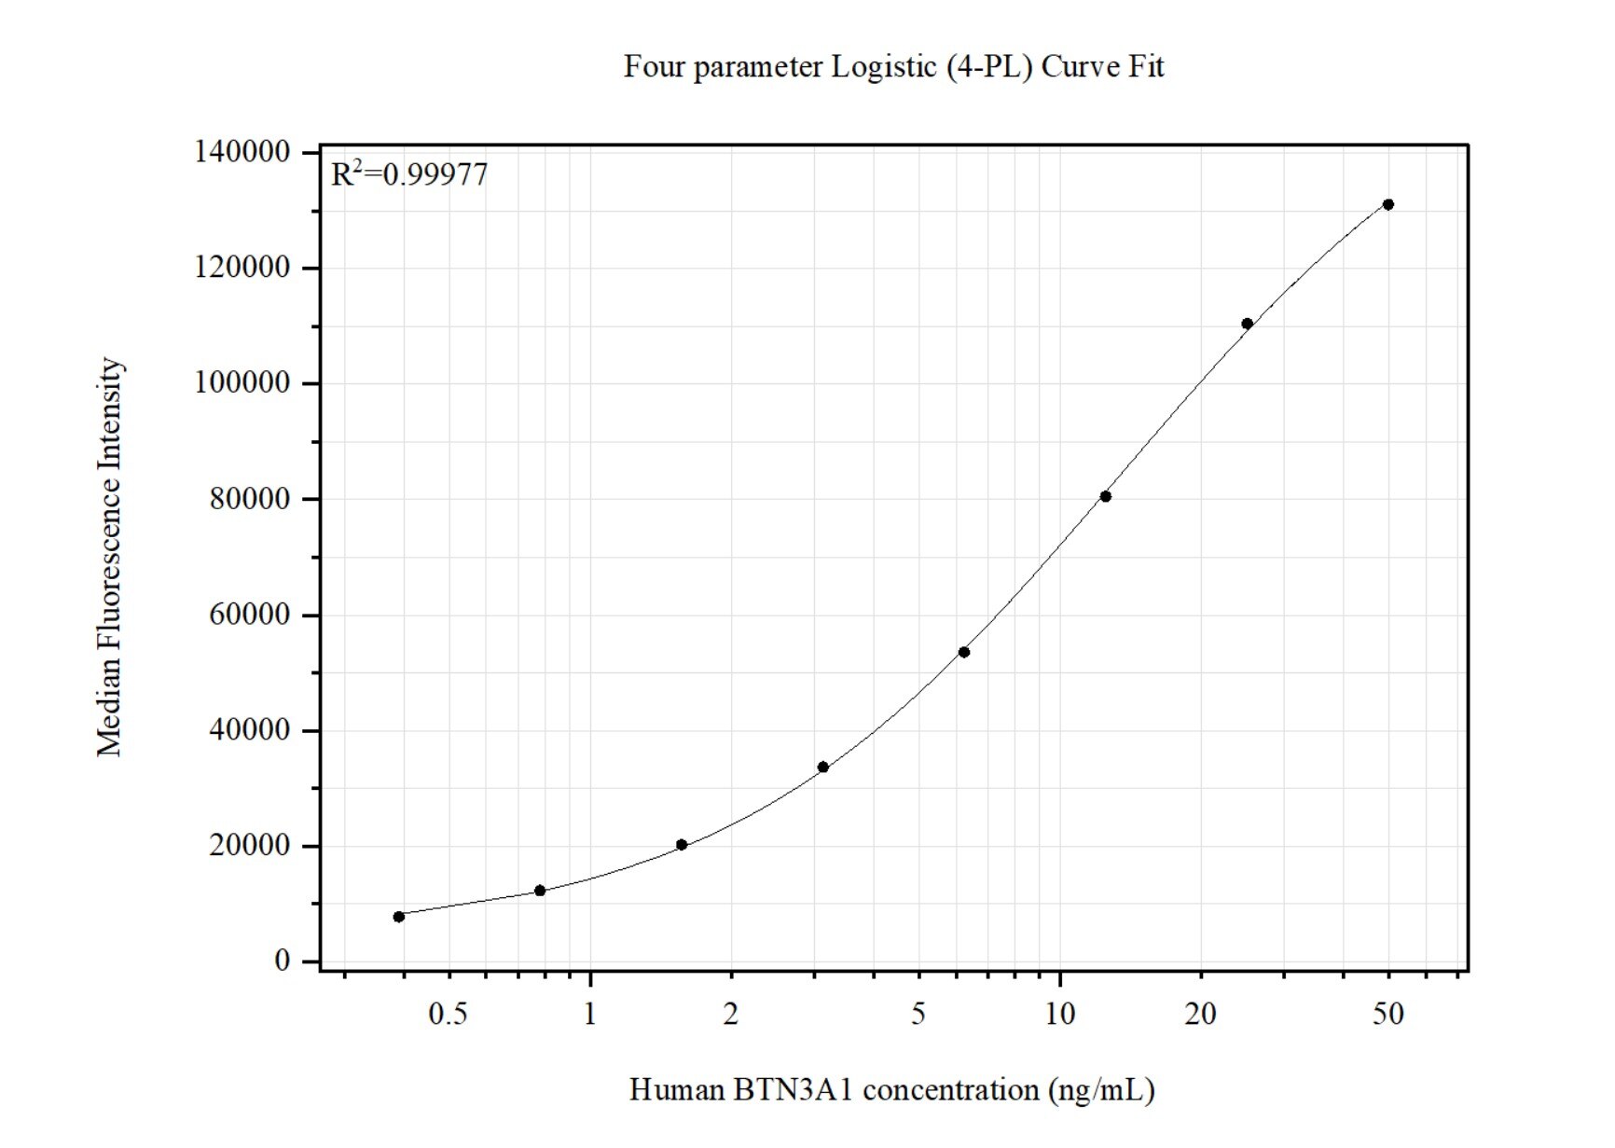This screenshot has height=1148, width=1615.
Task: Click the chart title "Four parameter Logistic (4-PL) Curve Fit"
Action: (893, 67)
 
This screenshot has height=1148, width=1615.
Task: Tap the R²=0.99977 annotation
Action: (409, 174)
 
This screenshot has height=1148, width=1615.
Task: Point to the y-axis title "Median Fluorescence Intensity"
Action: (110, 557)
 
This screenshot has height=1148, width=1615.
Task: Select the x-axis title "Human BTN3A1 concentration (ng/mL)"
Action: (891, 1089)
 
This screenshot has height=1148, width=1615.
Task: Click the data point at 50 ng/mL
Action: (1388, 204)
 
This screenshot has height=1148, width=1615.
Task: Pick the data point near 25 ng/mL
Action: (1247, 324)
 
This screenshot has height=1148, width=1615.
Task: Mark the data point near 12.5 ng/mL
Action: (1106, 496)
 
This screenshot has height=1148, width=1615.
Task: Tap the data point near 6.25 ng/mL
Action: (964, 652)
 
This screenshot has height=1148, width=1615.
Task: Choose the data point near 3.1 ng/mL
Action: (823, 767)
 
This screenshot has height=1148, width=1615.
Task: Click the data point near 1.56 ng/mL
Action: (682, 845)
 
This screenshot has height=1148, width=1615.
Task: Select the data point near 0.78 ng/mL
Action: (540, 891)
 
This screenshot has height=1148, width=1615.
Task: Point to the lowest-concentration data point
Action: (399, 917)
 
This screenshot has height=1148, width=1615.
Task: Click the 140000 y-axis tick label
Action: (242, 152)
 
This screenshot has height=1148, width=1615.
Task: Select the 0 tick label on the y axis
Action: (282, 961)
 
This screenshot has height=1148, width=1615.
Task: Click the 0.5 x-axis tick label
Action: (448, 1014)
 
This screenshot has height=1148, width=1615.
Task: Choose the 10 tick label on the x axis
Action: (1060, 1014)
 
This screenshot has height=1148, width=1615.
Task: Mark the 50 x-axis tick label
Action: (1388, 1014)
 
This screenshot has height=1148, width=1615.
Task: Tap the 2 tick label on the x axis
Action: (731, 1014)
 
